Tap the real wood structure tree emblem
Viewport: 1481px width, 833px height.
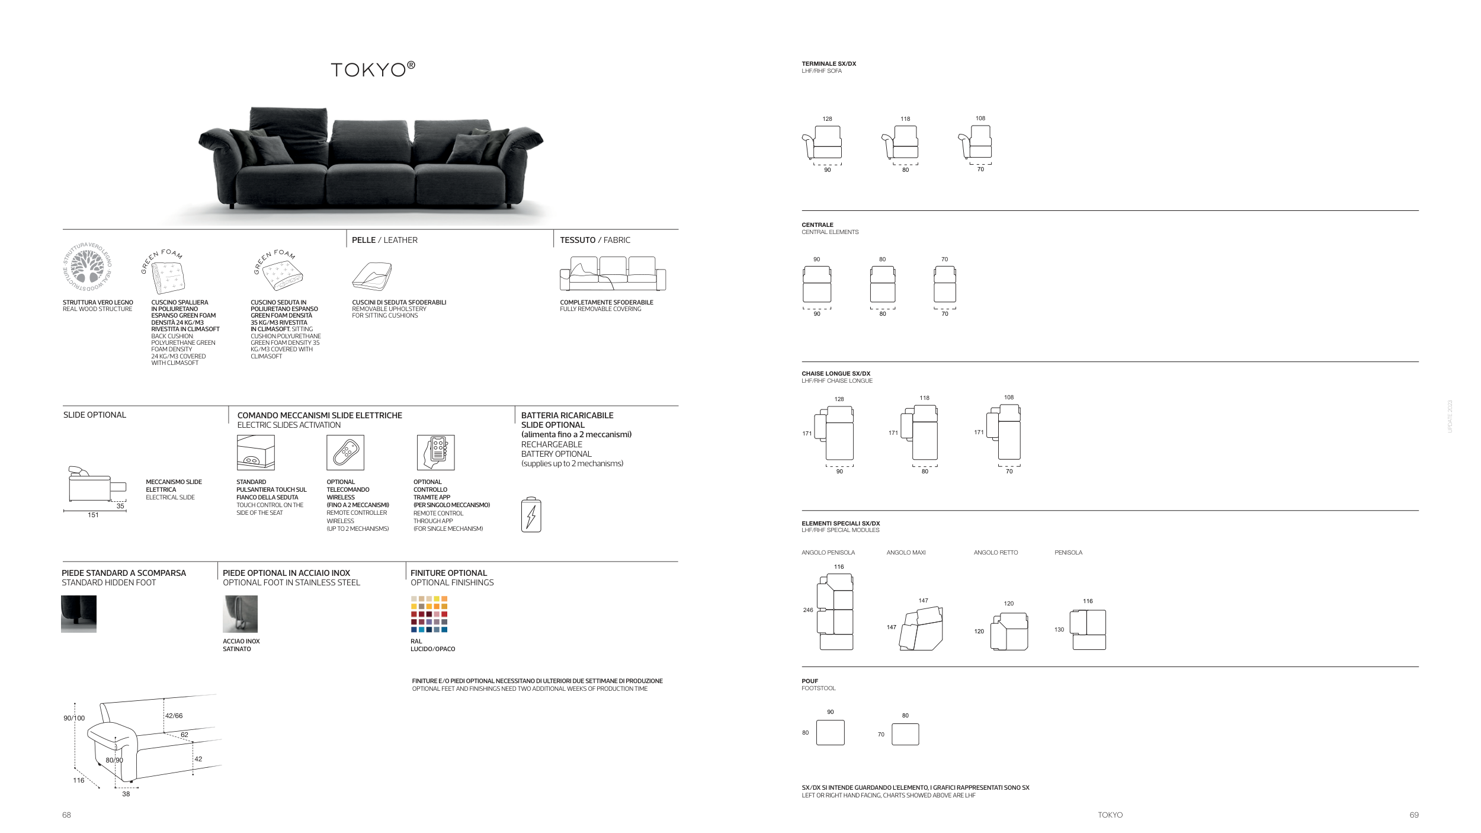[x=88, y=267]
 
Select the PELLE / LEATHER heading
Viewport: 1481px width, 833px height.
[x=384, y=240]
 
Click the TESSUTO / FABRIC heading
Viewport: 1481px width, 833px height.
[x=595, y=240]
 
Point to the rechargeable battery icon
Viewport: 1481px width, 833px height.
[x=531, y=515]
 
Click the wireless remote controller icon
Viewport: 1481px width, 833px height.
[x=345, y=453]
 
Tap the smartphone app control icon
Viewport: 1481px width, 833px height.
[x=435, y=453]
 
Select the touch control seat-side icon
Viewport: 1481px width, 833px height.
[x=255, y=453]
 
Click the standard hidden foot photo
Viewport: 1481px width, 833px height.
[x=79, y=614]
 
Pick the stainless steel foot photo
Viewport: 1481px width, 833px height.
[x=240, y=614]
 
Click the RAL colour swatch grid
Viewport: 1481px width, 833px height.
[x=429, y=614]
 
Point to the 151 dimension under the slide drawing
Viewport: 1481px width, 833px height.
[x=93, y=515]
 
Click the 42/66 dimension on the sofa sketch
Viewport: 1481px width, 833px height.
[x=174, y=716]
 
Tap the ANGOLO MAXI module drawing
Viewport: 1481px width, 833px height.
[x=921, y=629]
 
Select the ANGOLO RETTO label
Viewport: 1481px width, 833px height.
[x=996, y=553]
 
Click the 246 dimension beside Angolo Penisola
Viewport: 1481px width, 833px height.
[x=808, y=610]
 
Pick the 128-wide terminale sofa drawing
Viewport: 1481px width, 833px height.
[x=823, y=143]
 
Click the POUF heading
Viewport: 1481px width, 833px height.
[x=810, y=681]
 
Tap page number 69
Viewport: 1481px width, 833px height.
[x=1414, y=815]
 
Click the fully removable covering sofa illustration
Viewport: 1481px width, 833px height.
[x=613, y=274]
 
